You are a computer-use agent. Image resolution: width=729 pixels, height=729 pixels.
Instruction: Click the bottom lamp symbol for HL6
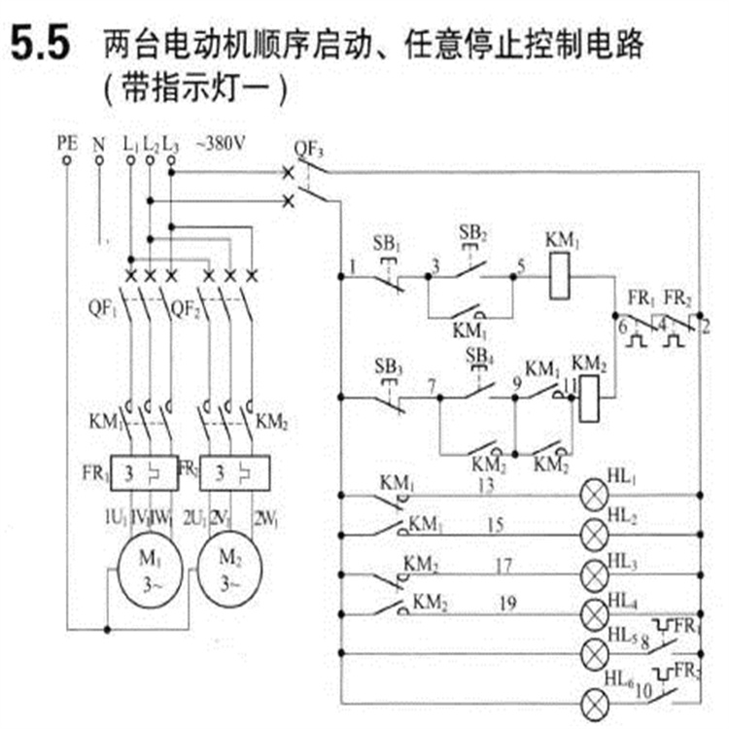[x=594, y=702]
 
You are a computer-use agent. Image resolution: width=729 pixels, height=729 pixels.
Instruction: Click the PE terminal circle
[x=67, y=161]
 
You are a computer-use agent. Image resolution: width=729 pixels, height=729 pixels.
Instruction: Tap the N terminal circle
[x=98, y=161]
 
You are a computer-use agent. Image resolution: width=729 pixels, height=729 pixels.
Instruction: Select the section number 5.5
[x=40, y=46]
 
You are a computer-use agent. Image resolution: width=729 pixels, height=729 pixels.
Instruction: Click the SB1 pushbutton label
[x=387, y=241]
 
